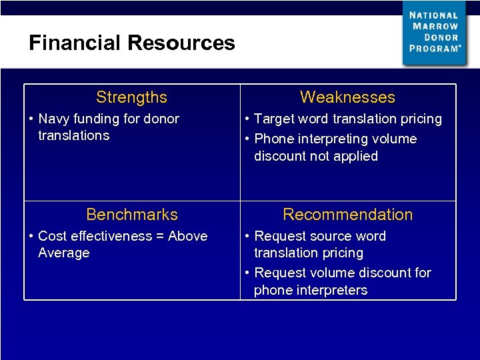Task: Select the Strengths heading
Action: coord(131,97)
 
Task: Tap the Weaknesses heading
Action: coord(347,97)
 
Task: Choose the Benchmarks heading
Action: coord(132,215)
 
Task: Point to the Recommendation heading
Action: coord(347,215)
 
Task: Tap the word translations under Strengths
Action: coord(73,135)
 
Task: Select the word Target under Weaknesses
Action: coord(275,119)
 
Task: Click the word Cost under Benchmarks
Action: coord(53,236)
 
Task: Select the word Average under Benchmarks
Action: coord(63,253)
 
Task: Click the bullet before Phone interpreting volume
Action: coord(247,139)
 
